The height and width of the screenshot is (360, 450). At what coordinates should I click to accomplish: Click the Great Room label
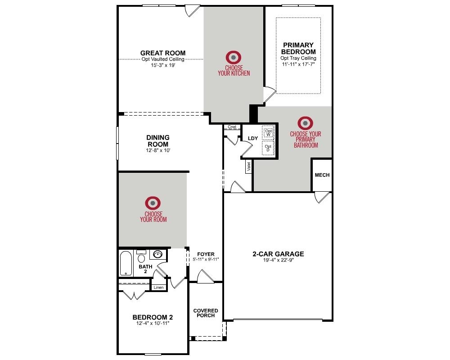(163, 53)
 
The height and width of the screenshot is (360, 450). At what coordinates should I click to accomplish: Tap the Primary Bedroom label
(298, 49)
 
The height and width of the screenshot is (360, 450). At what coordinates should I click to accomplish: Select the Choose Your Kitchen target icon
(233, 58)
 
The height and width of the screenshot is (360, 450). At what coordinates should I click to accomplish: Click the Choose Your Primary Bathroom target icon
(305, 123)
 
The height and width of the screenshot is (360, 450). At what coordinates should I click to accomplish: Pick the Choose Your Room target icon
(153, 203)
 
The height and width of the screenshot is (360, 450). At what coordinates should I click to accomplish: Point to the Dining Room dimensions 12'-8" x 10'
(158, 150)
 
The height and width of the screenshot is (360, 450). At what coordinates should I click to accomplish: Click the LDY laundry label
(253, 138)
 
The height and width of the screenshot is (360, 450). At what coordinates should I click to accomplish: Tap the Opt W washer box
(268, 133)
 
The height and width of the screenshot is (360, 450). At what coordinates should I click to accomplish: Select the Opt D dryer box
(268, 148)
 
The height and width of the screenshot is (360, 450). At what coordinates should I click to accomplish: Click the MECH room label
(322, 175)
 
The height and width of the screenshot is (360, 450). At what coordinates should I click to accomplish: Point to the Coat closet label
(232, 127)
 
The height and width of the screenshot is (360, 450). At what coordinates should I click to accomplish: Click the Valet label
(249, 166)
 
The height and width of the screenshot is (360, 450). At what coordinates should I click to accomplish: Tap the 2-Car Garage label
(278, 254)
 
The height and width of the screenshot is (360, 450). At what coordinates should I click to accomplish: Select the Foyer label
(206, 254)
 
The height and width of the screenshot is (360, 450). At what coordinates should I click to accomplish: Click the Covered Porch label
(206, 313)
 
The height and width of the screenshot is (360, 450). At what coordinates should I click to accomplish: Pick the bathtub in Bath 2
(126, 264)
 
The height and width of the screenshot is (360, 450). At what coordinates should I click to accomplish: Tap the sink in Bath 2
(157, 254)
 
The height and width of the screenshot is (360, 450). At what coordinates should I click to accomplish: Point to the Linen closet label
(158, 288)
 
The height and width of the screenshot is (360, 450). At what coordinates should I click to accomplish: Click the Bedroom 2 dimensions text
(153, 324)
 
